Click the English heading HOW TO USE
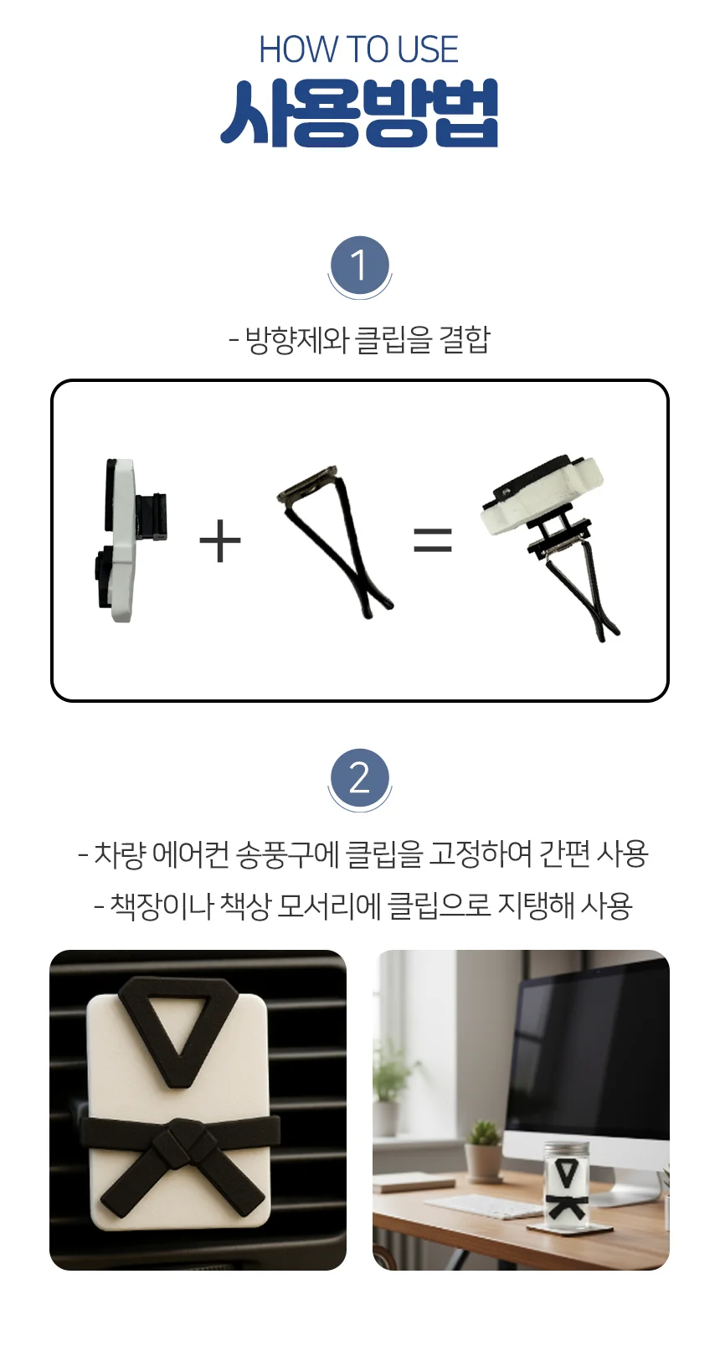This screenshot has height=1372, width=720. (358, 49)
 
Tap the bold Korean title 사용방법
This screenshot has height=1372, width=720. (359, 113)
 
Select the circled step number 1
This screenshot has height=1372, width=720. (359, 266)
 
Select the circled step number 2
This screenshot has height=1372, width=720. (359, 778)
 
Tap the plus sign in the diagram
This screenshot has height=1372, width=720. (220, 540)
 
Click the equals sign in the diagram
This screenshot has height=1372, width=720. (433, 540)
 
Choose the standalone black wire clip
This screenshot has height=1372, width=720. (335, 540)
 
